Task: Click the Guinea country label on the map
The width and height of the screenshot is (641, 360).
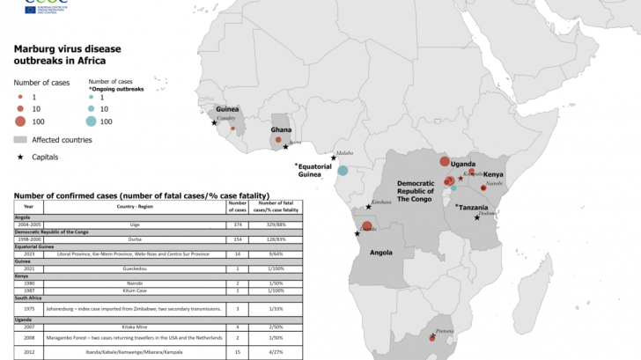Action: coord(227,108)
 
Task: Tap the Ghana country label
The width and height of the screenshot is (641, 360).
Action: coord(282,130)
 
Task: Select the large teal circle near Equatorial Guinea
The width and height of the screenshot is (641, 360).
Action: coord(343,171)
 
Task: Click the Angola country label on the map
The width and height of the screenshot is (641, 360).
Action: coord(380,252)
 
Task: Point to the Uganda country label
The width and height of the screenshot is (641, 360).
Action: coord(463,164)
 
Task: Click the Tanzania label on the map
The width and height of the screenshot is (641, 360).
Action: coord(479,207)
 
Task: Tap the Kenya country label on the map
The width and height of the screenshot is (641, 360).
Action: coord(493,174)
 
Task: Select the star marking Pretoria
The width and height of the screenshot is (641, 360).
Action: coord(433,339)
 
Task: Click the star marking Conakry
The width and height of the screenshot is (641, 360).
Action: coord(214,123)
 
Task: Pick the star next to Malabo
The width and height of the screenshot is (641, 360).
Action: coord(334,158)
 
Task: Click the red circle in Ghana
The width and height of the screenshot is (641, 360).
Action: coord(278,140)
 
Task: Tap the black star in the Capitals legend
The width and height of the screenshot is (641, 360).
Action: coord(21,156)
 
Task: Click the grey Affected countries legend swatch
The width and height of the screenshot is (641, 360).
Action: coord(21,139)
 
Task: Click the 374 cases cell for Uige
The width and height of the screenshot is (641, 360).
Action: coord(238,225)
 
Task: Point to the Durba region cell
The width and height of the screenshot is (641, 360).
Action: coord(135,239)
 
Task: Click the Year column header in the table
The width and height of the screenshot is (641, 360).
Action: coord(28,209)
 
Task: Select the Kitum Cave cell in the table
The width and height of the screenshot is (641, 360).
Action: coord(135,290)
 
